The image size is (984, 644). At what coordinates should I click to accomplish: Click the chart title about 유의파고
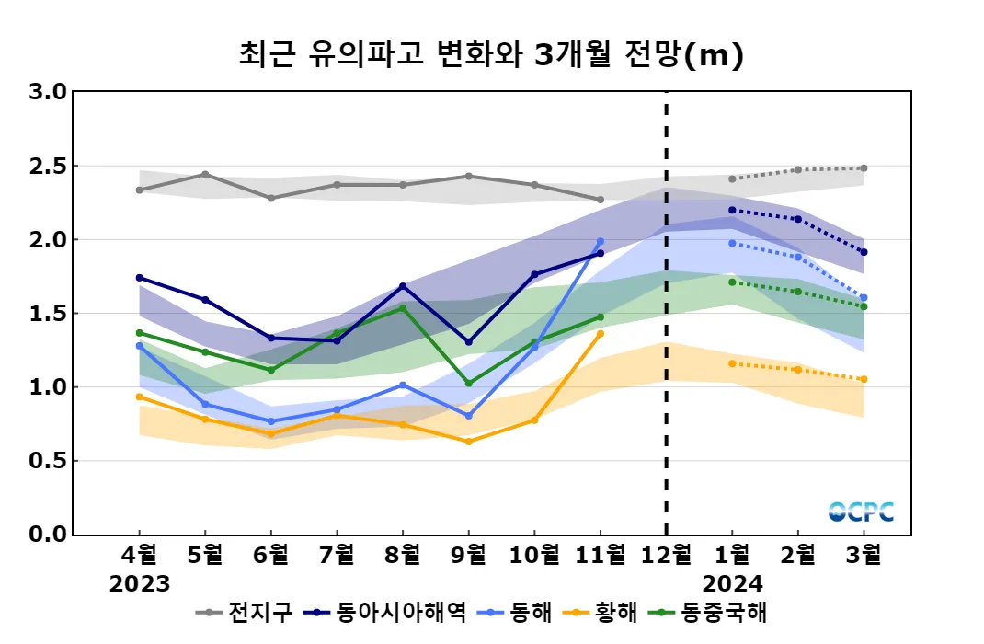(490, 55)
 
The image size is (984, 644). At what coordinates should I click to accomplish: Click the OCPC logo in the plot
(861, 512)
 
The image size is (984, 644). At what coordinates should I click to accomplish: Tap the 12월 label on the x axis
(666, 556)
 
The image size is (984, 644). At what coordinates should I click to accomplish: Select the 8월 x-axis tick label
(402, 556)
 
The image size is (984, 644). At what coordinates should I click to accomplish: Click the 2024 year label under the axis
(731, 583)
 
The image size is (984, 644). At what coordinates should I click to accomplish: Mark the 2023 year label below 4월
(140, 583)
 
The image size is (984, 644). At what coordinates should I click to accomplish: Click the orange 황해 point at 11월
(601, 334)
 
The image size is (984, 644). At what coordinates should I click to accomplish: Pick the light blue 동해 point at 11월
(601, 242)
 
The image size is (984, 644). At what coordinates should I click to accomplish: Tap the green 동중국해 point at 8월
(403, 308)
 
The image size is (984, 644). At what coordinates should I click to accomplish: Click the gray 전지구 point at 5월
(205, 174)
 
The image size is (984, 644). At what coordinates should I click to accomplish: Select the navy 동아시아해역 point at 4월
(139, 278)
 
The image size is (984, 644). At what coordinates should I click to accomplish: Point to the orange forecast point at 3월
(864, 379)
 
